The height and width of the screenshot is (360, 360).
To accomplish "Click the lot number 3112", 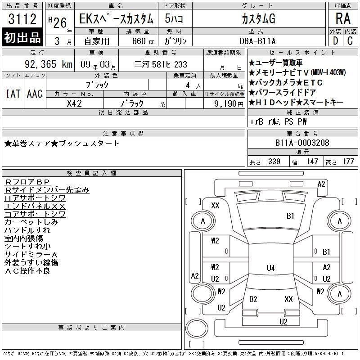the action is click(x=22, y=19).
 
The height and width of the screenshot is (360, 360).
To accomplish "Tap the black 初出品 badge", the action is click(x=22, y=37).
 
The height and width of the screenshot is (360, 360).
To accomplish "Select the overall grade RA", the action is click(x=343, y=18).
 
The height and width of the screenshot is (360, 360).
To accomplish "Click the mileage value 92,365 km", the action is click(x=49, y=64).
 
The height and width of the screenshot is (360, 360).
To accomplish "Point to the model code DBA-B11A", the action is click(x=257, y=41).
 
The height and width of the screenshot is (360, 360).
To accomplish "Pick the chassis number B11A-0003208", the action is click(x=302, y=143).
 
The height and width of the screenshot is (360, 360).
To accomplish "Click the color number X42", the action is click(x=74, y=103).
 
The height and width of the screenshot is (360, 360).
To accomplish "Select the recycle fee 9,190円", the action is click(x=229, y=104).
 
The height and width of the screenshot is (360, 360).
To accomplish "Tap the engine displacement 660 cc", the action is click(x=143, y=41).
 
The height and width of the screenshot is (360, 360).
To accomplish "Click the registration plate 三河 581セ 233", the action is click(x=161, y=64).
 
